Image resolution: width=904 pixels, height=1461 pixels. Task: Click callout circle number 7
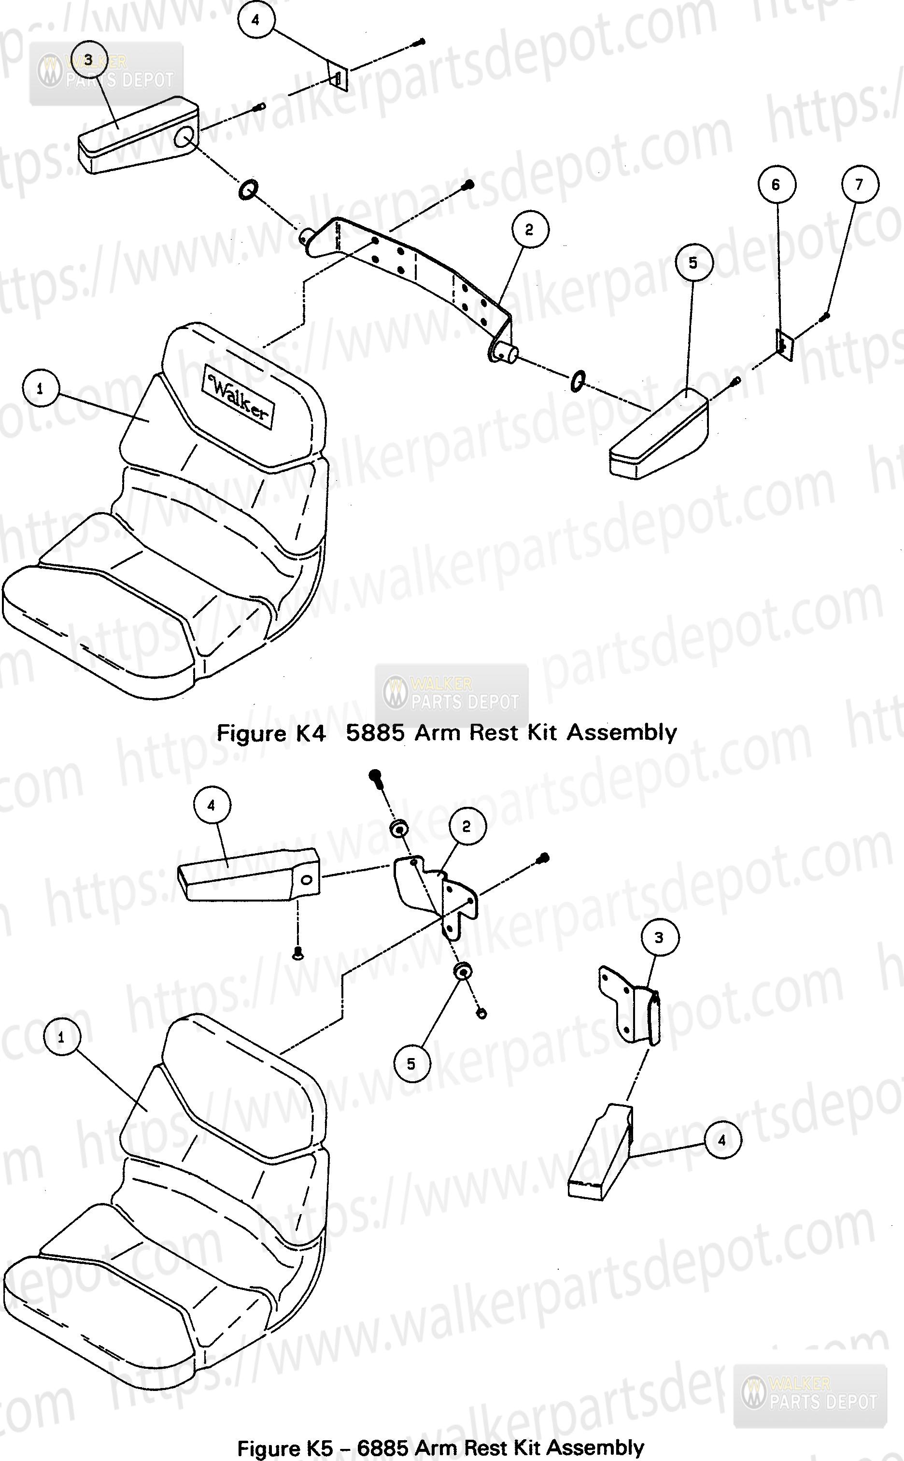859,184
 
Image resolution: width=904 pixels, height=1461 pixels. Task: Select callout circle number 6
776,184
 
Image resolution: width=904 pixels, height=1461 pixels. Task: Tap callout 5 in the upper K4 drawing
693,262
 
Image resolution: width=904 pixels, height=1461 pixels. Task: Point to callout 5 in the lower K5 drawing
411,1064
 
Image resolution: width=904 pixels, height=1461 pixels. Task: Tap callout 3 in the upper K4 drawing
88,60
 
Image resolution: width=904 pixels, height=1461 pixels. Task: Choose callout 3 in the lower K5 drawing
659,938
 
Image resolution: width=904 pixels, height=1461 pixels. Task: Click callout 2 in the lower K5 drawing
466,827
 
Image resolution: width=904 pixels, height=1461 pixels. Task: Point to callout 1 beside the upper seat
40,389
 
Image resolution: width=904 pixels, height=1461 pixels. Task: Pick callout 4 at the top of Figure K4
256,20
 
